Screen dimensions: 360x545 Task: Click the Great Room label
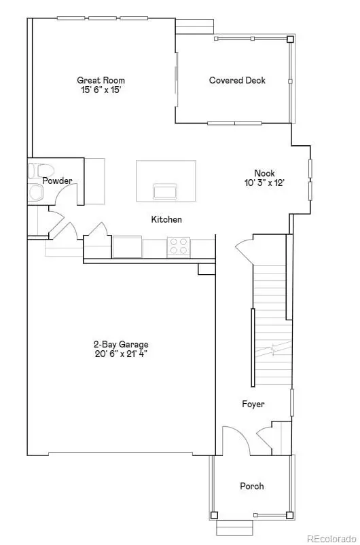click(x=101, y=80)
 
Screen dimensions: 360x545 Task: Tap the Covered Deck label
click(x=237, y=80)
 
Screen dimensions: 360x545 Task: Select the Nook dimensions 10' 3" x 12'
click(x=265, y=183)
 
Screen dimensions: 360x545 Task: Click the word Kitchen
click(x=166, y=219)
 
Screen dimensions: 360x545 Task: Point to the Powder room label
click(x=57, y=181)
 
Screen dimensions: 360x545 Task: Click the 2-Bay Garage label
click(x=121, y=345)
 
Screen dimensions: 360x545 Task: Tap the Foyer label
click(x=253, y=404)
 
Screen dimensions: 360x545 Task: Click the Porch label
click(x=252, y=486)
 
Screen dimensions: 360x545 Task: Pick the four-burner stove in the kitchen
click(x=179, y=246)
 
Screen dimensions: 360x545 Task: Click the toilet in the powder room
click(x=41, y=170)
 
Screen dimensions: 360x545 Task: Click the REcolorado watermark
click(x=332, y=538)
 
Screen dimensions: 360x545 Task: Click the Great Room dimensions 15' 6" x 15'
click(x=101, y=90)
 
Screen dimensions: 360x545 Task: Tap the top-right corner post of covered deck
click(x=290, y=39)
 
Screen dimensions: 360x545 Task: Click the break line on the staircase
click(x=273, y=350)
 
